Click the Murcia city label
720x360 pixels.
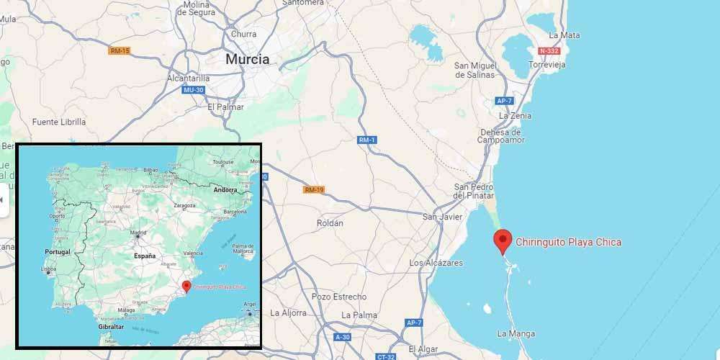[248, 60]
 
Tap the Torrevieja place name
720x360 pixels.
[547, 65]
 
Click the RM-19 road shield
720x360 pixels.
[315, 190]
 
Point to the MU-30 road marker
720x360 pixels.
[194, 90]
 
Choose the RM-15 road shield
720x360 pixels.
[120, 50]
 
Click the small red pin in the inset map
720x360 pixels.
[186, 287]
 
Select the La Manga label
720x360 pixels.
[516, 333]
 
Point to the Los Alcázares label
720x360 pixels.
[436, 264]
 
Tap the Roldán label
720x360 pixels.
[330, 223]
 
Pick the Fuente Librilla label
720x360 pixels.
[58, 122]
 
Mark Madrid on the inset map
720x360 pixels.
[138, 233]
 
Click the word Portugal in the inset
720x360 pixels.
[58, 253]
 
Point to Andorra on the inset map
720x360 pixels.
[225, 190]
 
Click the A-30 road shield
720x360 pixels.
[342, 337]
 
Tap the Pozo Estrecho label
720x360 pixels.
[339, 297]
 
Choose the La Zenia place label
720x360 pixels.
[514, 115]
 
